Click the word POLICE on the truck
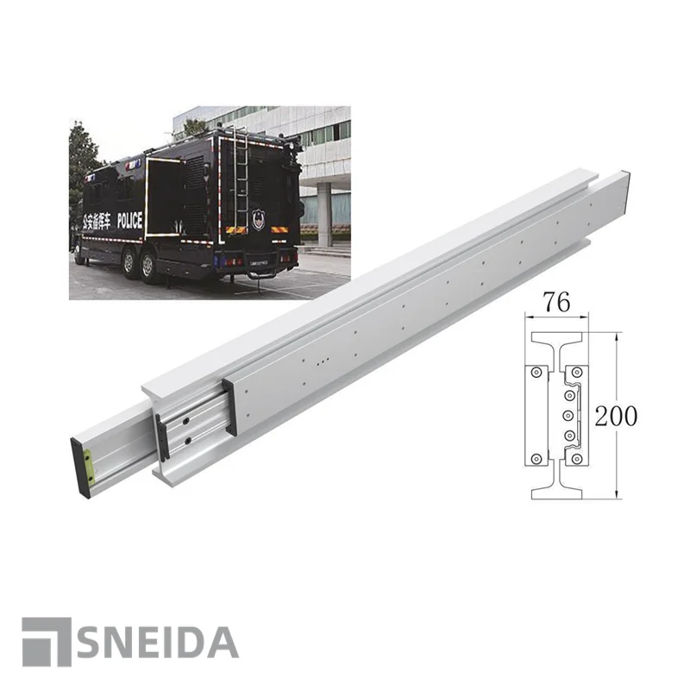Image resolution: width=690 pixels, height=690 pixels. (129, 221)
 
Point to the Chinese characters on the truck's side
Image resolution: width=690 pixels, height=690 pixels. (97, 222)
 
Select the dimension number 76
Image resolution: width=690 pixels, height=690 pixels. (557, 304)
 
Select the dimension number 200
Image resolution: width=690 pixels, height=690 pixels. (616, 416)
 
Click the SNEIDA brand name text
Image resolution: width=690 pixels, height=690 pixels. (159, 643)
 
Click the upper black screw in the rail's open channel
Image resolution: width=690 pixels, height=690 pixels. (185, 423)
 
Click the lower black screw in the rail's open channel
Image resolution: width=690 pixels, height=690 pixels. (185, 443)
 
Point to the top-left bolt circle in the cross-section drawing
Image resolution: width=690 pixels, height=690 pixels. (536, 372)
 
